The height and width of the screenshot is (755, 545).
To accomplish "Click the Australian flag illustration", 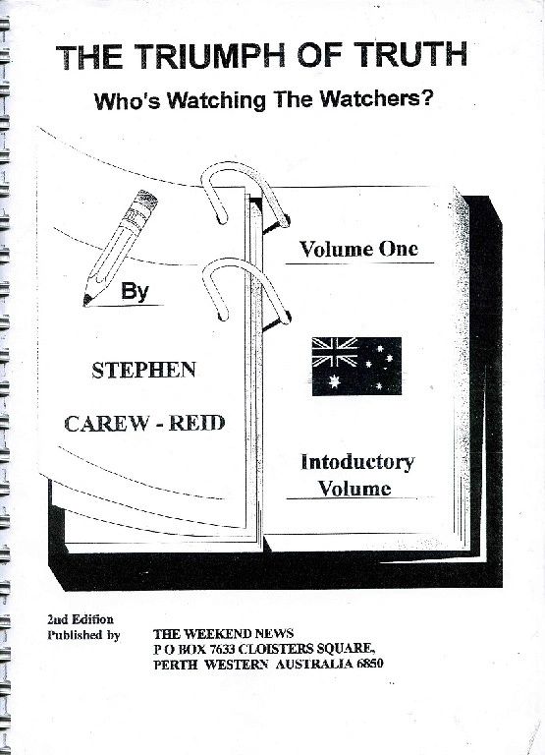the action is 356,366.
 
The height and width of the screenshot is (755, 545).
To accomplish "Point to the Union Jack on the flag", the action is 335,352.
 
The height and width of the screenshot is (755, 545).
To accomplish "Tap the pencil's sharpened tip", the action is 87,300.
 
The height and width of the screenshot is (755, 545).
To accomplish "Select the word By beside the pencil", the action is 135,291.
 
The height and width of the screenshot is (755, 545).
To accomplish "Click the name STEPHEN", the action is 143,370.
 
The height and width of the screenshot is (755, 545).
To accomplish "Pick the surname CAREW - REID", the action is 144,424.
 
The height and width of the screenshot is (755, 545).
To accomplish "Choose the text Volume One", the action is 358,249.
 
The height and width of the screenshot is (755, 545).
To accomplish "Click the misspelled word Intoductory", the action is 357,462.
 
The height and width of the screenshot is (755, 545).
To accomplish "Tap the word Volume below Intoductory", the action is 354,489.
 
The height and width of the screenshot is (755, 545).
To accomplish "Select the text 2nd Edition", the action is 81,619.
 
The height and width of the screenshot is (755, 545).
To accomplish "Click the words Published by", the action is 83,635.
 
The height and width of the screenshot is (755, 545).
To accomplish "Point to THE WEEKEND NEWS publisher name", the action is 223,634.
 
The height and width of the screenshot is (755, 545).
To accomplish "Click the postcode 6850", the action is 370,664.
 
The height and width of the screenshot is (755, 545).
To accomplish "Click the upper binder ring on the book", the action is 245,193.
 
